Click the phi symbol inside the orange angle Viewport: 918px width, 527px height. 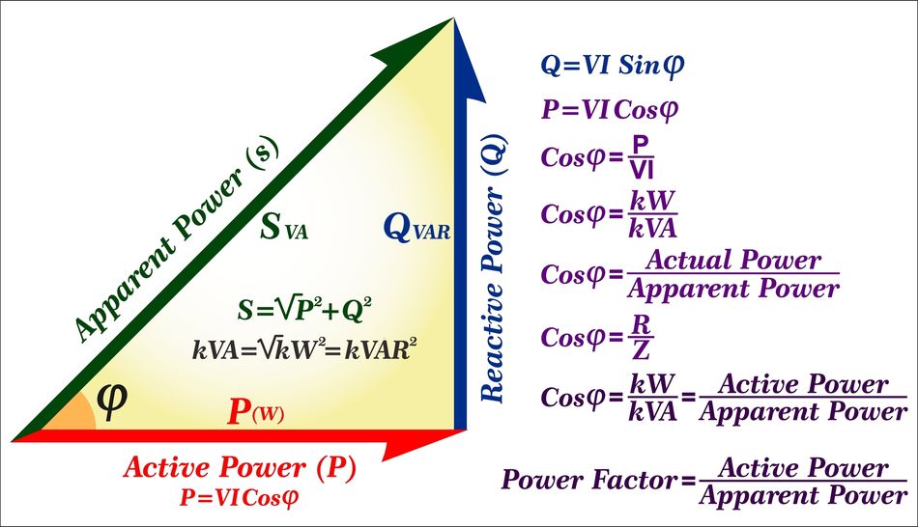113,397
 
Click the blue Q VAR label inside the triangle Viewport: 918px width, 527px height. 416,230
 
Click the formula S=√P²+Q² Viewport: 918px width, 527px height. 305,309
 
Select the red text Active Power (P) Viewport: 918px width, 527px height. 240,469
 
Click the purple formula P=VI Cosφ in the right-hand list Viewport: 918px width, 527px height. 610,109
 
